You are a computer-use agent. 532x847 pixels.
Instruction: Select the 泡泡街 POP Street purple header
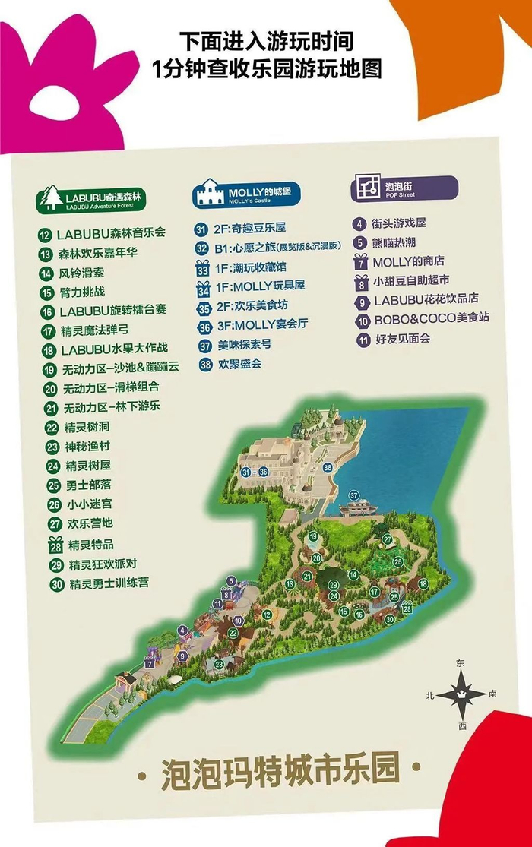tap(404, 188)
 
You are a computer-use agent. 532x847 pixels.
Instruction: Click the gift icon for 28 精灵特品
tap(55, 544)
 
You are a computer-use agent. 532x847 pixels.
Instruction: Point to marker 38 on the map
tap(328, 467)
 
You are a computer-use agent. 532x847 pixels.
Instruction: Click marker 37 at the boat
tap(353, 495)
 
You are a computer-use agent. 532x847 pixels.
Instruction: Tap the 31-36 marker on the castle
tap(254, 472)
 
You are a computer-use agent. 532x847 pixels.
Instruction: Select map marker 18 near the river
tap(423, 583)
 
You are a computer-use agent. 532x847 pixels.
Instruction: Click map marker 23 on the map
tap(219, 665)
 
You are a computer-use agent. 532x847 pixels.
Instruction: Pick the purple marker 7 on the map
tap(150, 664)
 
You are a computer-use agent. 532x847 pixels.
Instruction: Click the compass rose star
tap(461, 693)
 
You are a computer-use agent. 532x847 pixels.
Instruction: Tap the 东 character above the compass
tap(460, 663)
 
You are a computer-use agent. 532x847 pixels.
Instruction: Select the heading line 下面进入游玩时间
tap(266, 40)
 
